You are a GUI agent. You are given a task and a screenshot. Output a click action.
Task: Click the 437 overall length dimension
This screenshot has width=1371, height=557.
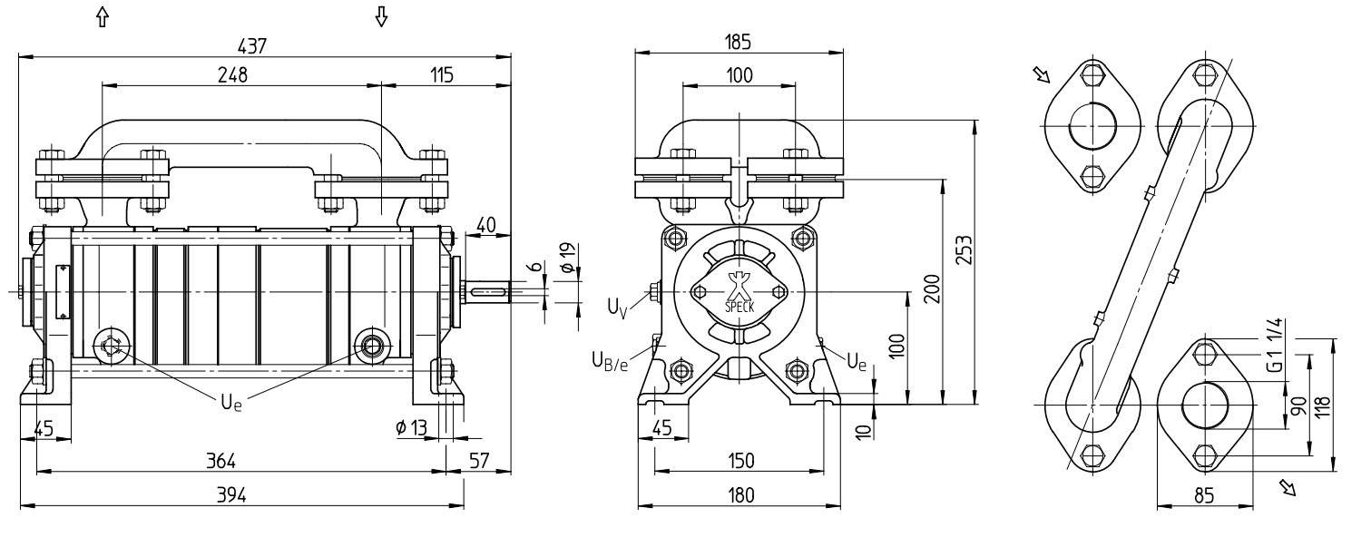tap(251, 46)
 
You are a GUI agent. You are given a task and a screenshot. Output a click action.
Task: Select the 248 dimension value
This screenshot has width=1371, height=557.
tap(232, 74)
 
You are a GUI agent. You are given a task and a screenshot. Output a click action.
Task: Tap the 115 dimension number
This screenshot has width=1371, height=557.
tap(441, 74)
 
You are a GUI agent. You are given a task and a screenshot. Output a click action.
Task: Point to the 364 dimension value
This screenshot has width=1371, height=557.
tap(220, 460)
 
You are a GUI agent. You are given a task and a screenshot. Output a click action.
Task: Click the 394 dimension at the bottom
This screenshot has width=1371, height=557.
tap(231, 494)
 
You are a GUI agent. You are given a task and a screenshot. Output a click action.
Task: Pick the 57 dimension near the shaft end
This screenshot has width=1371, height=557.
tap(479, 460)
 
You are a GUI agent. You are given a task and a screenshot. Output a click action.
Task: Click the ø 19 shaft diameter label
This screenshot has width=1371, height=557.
tap(567, 258)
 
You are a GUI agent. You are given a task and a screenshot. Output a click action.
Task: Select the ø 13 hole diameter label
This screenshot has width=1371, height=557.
tap(411, 426)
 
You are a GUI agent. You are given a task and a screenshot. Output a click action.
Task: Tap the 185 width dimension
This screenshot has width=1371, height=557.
tap(738, 42)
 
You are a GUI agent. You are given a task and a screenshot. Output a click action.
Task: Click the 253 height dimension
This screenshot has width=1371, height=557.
tap(964, 249)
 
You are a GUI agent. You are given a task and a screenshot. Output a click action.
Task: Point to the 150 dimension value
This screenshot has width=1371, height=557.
tap(740, 460)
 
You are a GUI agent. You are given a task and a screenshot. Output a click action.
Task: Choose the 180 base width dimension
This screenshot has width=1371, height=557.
tap(740, 494)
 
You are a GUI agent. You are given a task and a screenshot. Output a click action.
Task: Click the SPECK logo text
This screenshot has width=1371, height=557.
tap(739, 308)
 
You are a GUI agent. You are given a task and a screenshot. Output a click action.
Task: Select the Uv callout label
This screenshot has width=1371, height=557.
tap(618, 307)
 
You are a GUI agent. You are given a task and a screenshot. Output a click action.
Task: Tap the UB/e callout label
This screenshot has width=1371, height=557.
tap(610, 361)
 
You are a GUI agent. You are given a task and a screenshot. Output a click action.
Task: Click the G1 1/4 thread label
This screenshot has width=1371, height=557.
tap(1275, 346)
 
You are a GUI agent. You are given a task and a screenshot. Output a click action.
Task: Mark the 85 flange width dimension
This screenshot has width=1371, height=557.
tap(1204, 494)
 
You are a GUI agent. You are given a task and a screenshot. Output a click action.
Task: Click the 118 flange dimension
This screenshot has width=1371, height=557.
tap(1322, 406)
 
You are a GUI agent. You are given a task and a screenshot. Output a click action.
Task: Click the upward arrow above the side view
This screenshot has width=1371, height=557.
tap(103, 16)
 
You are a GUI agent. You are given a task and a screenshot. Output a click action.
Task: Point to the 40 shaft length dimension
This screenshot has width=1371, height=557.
tap(486, 225)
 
